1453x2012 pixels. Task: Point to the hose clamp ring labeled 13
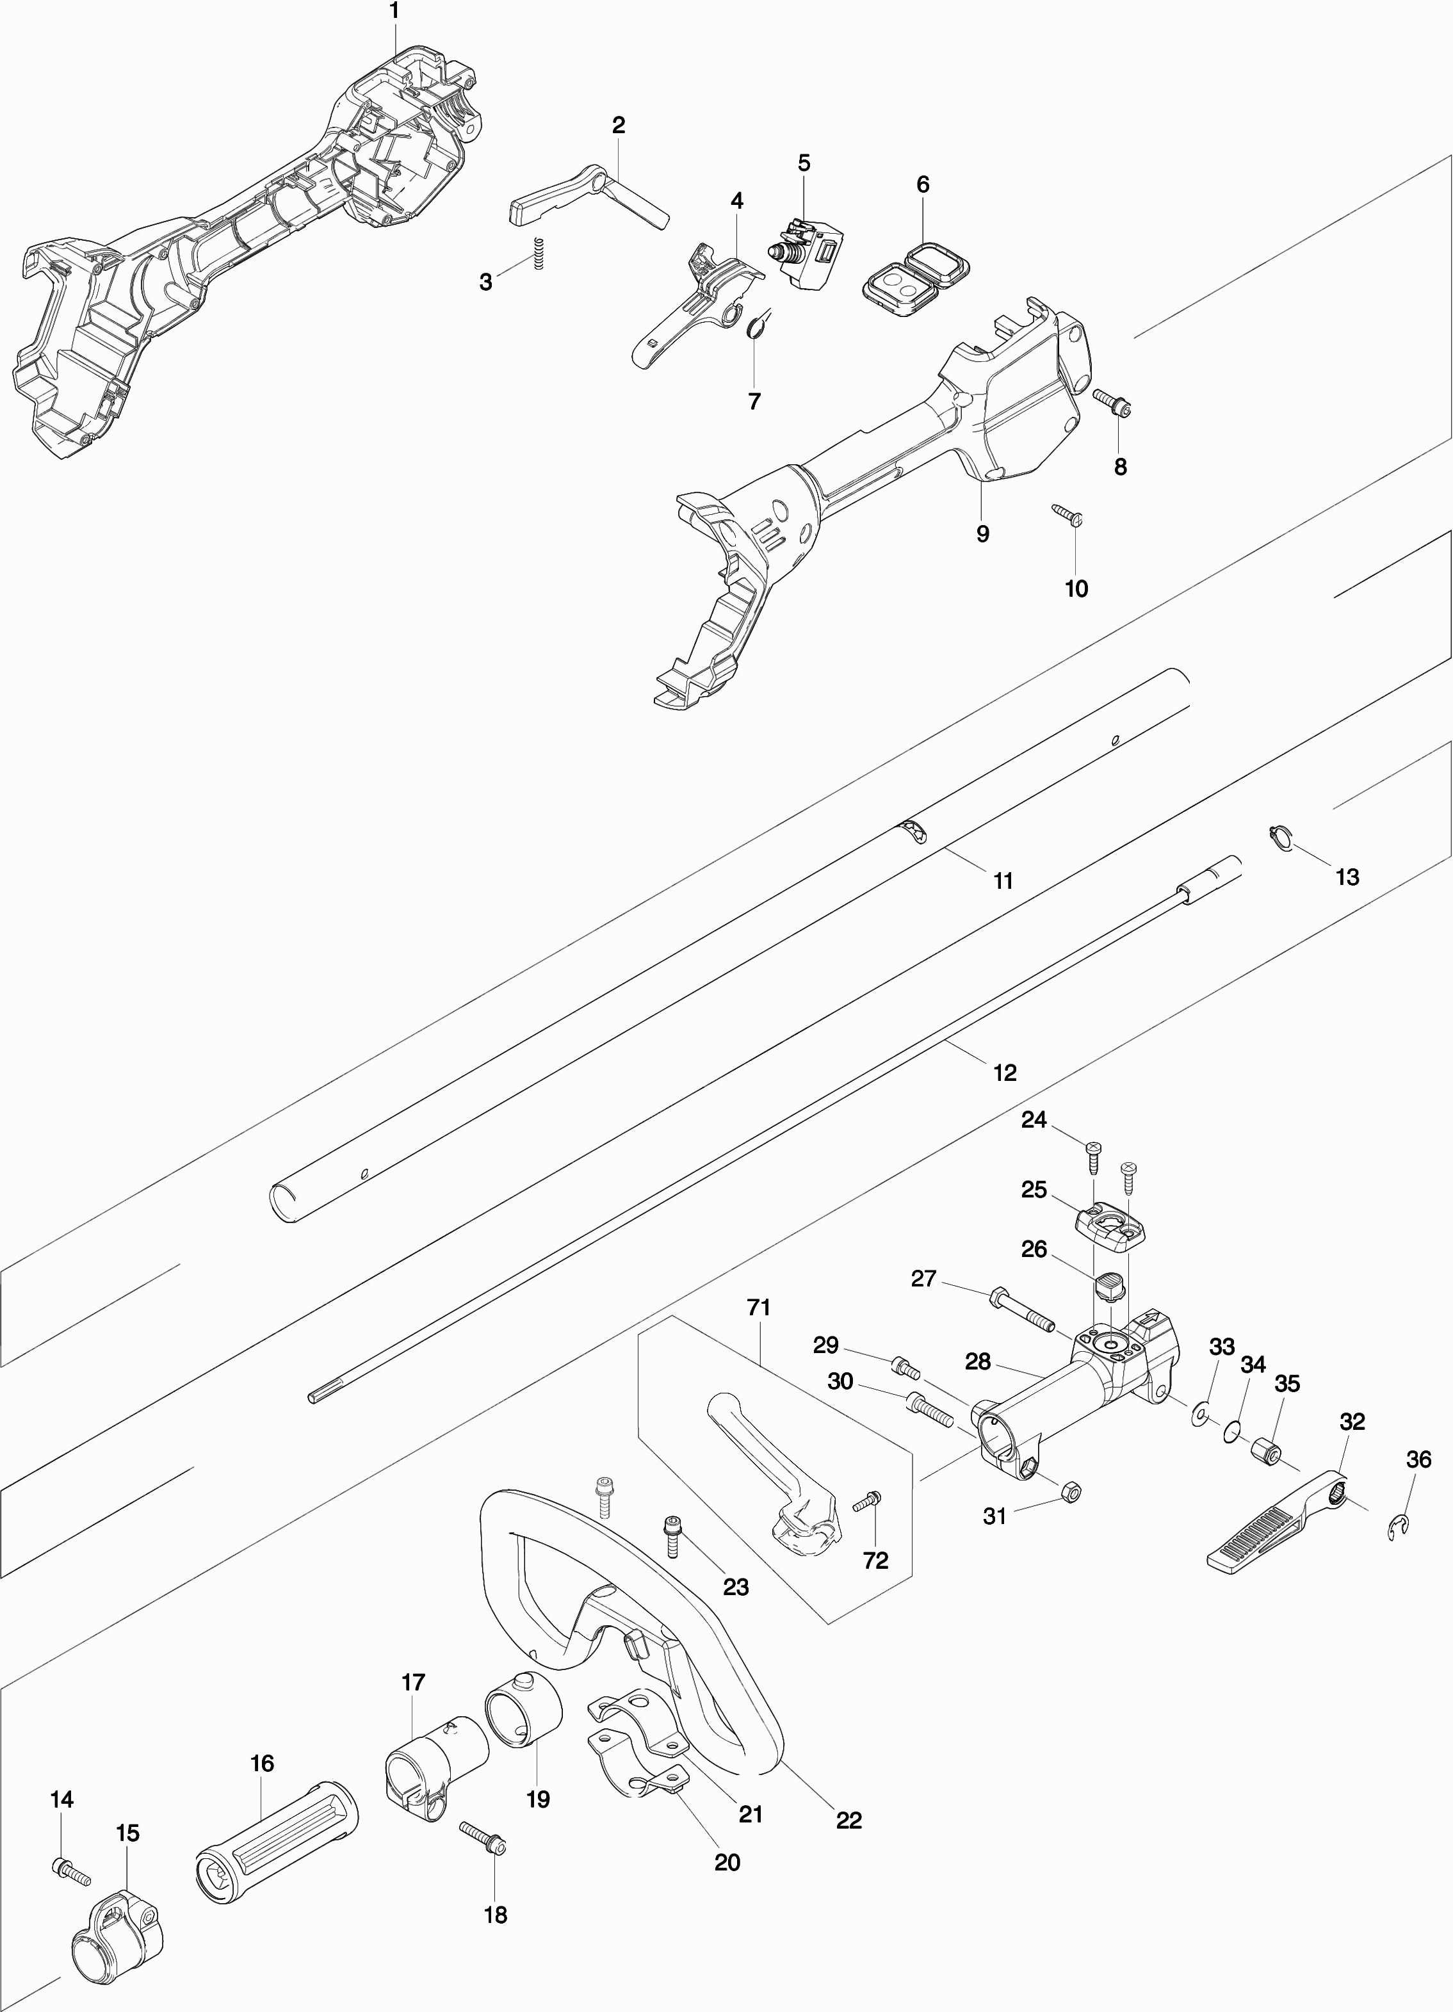(x=1278, y=836)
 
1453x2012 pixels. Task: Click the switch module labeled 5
(x=809, y=251)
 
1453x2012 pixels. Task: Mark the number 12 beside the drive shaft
(x=1004, y=1073)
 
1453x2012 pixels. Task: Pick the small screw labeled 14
(x=71, y=1872)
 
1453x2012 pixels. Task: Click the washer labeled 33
(x=1202, y=1411)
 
